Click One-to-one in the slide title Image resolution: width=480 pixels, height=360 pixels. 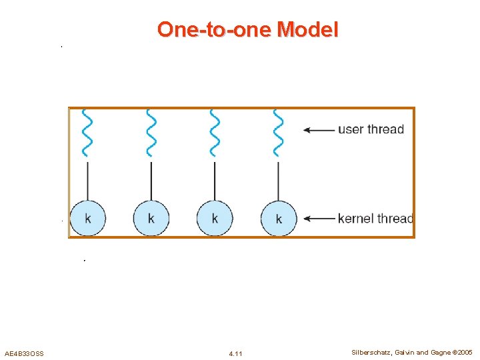click(x=215, y=29)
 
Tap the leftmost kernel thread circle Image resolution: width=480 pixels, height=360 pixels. click(x=88, y=218)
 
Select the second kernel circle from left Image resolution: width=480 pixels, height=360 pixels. click(x=151, y=218)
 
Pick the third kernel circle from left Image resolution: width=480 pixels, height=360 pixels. click(x=215, y=218)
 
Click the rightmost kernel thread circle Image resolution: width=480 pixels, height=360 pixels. click(x=278, y=218)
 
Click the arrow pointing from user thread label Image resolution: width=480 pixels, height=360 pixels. click(x=319, y=130)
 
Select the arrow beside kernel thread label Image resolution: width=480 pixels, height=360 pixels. click(x=319, y=219)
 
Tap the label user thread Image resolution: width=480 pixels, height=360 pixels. click(x=371, y=129)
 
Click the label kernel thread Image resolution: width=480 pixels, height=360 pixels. click(x=375, y=219)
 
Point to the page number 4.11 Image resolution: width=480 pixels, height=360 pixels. click(x=235, y=353)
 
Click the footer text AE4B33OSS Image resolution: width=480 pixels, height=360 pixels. click(x=24, y=353)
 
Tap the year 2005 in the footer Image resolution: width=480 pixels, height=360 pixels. click(x=465, y=352)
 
